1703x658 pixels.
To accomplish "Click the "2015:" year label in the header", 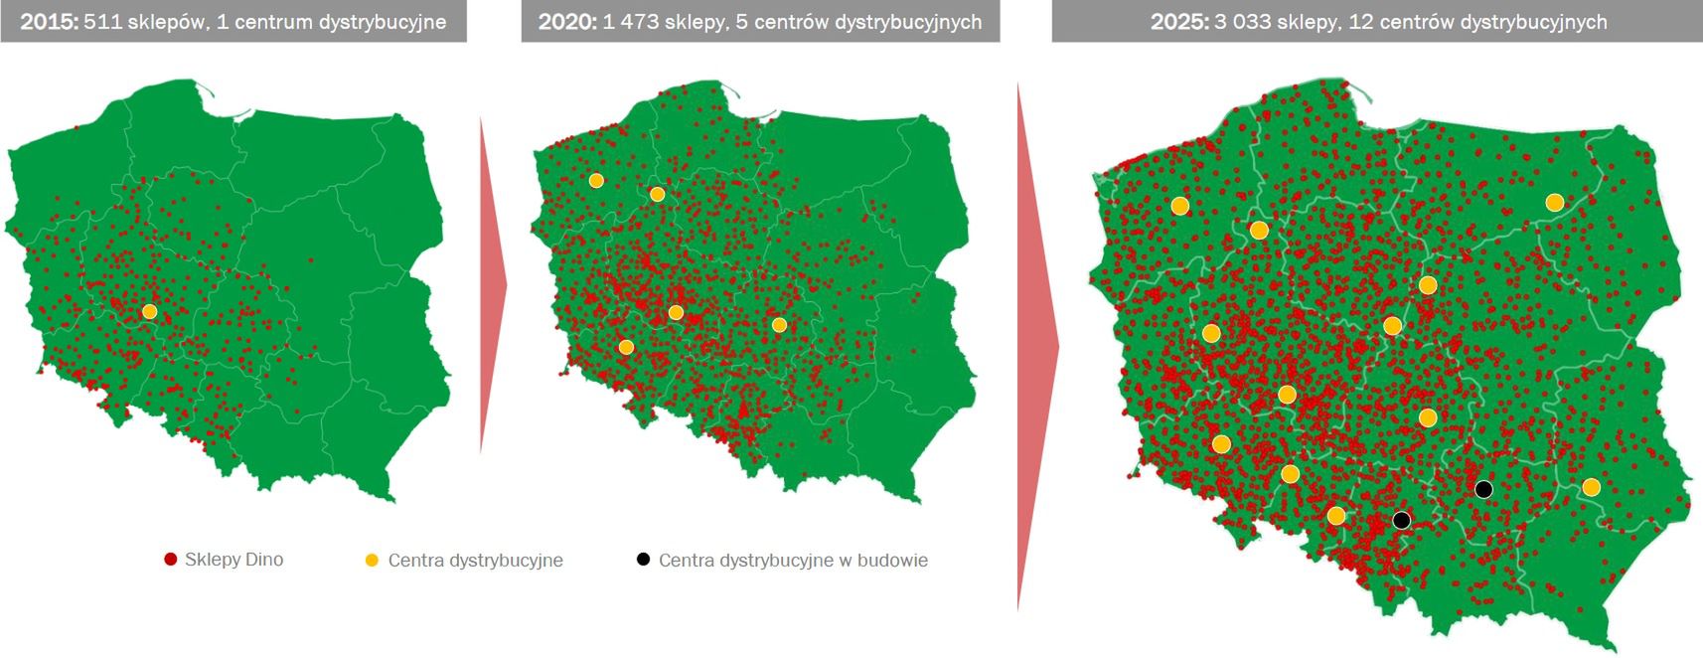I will [49, 22].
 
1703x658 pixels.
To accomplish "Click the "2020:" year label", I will [567, 22].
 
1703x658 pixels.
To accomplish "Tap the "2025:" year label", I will [1179, 22].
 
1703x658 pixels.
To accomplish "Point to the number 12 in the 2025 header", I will [1359, 22].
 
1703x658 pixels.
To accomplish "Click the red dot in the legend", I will [171, 560].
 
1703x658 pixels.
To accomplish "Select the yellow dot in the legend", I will [372, 561].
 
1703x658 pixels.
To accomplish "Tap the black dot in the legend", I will [643, 560].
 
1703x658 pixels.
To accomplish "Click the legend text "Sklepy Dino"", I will [233, 560].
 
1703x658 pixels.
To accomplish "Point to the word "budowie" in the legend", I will [891, 561].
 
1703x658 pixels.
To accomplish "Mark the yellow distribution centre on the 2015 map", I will [149, 311].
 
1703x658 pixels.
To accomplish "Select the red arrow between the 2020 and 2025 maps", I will [1036, 347].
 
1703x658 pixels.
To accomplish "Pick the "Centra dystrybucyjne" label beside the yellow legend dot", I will [475, 561].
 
